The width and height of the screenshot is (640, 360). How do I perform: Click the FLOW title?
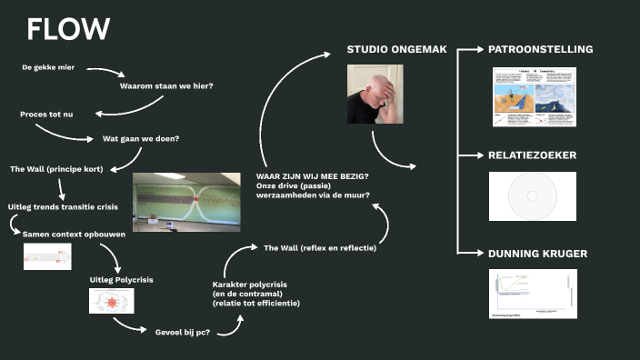click(x=68, y=29)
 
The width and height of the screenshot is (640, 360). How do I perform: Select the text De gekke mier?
click(x=50, y=68)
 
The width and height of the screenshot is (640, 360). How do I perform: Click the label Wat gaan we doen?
click(x=140, y=139)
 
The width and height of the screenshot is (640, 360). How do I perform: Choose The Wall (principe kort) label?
click(x=56, y=169)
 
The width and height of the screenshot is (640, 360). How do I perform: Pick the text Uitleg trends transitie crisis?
click(x=65, y=208)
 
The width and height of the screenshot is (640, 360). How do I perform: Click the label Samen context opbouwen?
click(x=74, y=235)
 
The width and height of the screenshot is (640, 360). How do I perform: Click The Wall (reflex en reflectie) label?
click(x=320, y=247)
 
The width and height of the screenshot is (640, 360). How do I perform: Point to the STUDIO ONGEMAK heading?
click(x=397, y=48)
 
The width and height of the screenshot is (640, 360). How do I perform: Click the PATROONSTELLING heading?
click(x=540, y=48)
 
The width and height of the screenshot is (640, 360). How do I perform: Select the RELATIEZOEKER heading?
click(x=532, y=155)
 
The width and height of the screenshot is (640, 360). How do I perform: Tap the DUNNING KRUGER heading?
click(x=537, y=254)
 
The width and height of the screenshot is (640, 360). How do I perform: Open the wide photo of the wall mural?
click(x=191, y=201)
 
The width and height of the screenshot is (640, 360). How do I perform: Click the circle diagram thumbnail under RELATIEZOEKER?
click(x=532, y=195)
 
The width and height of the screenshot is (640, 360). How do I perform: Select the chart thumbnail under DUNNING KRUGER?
click(x=533, y=294)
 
